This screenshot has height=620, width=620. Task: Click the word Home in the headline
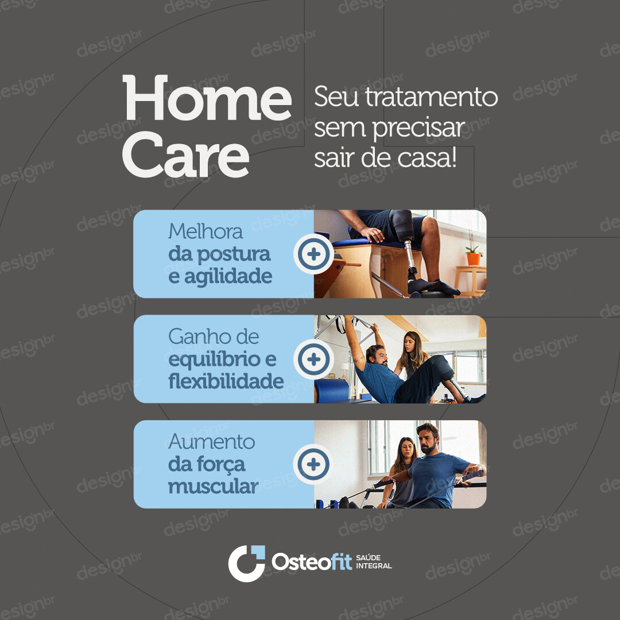coord(207,98)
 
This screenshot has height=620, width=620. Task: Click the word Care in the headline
coord(186,154)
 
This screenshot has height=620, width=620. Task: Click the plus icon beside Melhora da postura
coord(313,254)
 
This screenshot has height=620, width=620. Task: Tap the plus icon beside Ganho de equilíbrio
coord(313,359)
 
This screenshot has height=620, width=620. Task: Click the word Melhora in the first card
coord(205,231)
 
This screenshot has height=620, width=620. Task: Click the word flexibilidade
coord(226,381)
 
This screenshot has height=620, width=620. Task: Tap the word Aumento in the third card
coord(211,441)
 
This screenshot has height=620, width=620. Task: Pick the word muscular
coord(213,486)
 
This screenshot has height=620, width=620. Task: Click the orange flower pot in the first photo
coord(473,258)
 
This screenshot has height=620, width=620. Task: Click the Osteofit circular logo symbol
coord(247,563)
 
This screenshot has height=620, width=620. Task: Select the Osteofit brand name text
coord(312,561)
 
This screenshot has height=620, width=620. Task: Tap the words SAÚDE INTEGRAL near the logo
coord(374,561)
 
